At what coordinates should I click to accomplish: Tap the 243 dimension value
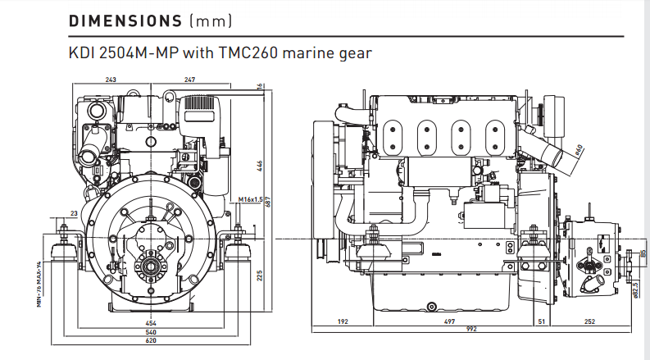tap(110, 80)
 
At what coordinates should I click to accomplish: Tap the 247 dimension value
tap(189, 80)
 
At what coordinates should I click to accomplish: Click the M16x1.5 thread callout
tap(250, 199)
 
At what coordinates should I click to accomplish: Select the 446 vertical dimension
tap(259, 166)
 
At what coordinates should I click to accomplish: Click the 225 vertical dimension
tap(259, 276)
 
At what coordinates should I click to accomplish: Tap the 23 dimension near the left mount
tap(74, 213)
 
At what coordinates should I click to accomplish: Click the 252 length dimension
tap(590, 322)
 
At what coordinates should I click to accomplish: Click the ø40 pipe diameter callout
tap(579, 150)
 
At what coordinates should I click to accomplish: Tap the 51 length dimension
tap(541, 322)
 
